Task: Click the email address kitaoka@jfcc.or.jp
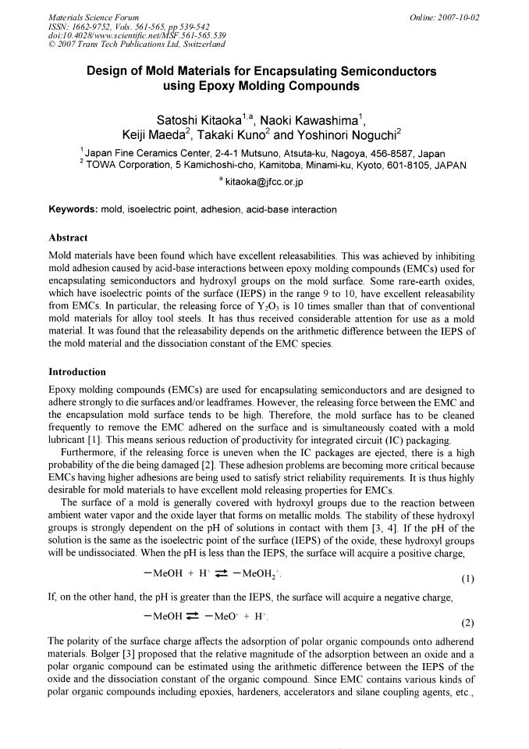click(269, 182)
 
